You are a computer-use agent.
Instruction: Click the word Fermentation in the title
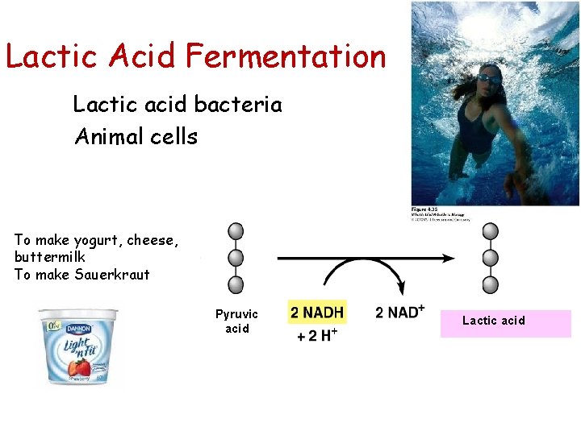(286, 56)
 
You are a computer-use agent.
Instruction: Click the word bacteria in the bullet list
(240, 105)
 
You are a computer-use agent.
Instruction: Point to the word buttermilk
(50, 257)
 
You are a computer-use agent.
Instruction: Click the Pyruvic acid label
(236, 321)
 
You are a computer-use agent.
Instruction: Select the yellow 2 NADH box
(316, 313)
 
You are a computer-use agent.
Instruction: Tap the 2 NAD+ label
(400, 313)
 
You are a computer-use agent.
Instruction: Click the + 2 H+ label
(317, 335)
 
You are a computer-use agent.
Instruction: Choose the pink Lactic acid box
(506, 321)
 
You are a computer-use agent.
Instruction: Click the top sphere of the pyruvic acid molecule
(236, 232)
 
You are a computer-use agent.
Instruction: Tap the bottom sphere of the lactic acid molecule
(490, 284)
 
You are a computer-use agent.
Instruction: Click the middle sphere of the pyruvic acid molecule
(236, 258)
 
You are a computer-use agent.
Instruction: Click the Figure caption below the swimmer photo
(440, 215)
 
